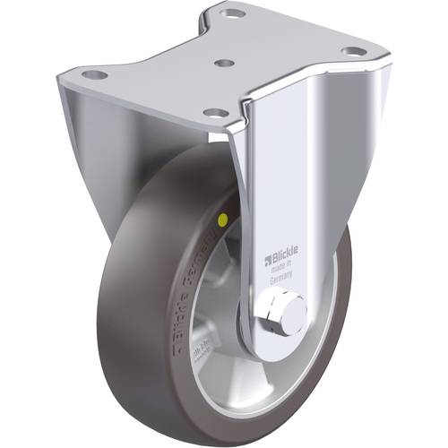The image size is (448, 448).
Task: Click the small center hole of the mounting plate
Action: [226, 64]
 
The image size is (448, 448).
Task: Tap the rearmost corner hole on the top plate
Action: [233, 14]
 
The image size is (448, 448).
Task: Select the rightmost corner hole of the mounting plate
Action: [353, 51]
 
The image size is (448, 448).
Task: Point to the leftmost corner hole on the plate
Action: [96, 74]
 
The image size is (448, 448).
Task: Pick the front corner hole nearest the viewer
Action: [215, 112]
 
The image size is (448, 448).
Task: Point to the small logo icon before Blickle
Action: [266, 263]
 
